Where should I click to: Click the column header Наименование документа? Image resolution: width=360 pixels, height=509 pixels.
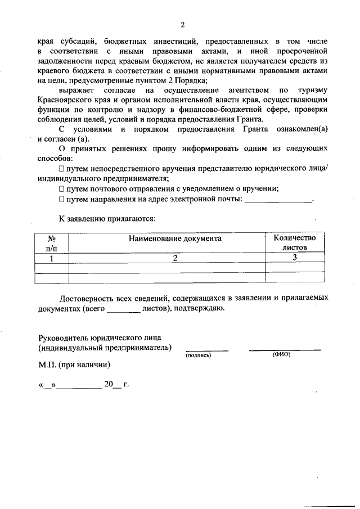(x=175, y=238)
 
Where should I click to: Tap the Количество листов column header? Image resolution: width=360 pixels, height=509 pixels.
(x=295, y=242)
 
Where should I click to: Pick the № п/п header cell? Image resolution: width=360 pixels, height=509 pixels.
(x=51, y=242)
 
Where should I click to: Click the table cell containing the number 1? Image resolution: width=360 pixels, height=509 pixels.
(x=51, y=258)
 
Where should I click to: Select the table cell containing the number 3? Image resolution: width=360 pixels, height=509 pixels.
(x=295, y=258)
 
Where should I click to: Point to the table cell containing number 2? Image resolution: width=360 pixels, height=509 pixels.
(x=175, y=258)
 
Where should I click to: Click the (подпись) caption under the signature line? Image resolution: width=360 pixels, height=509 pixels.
(x=198, y=355)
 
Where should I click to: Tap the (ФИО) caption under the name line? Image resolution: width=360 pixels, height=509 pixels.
(x=281, y=355)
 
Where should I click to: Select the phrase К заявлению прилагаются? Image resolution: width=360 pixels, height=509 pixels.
(x=107, y=217)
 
